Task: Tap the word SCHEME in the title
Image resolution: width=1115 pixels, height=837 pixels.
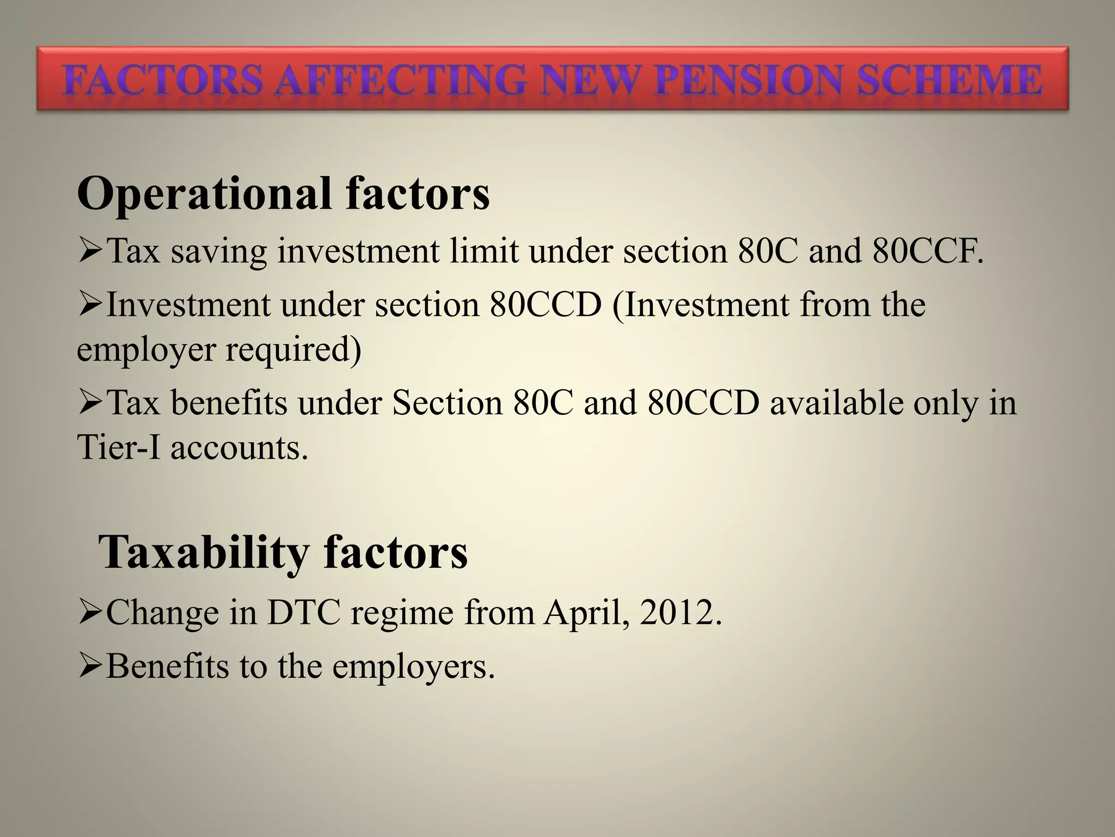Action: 949,81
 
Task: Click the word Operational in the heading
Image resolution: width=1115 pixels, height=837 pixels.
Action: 205,194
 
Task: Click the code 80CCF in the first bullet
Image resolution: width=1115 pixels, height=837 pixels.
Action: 927,251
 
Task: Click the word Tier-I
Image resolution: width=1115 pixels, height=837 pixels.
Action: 119,448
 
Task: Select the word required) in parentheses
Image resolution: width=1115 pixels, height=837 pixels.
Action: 293,350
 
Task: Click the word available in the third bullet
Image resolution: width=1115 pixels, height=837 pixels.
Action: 836,403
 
